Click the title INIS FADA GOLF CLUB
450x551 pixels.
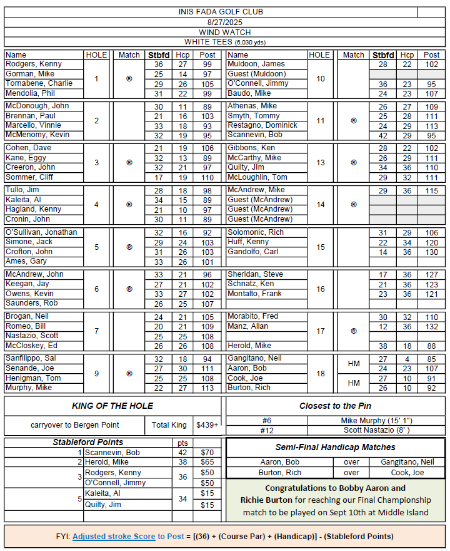click(211, 12)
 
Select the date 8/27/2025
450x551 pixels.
click(211, 22)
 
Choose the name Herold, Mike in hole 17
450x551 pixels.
click(249, 346)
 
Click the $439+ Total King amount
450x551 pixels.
click(207, 425)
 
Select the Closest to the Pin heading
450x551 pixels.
click(336, 405)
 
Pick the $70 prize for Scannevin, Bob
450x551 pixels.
click(207, 452)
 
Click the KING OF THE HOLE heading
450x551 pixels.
click(112, 406)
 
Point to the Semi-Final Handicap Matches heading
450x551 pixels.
click(336, 447)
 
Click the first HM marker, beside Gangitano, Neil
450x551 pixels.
click(353, 364)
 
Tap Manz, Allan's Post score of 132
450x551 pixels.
click(432, 326)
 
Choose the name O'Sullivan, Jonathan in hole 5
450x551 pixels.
click(41, 232)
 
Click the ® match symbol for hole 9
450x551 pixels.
click(129, 373)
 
